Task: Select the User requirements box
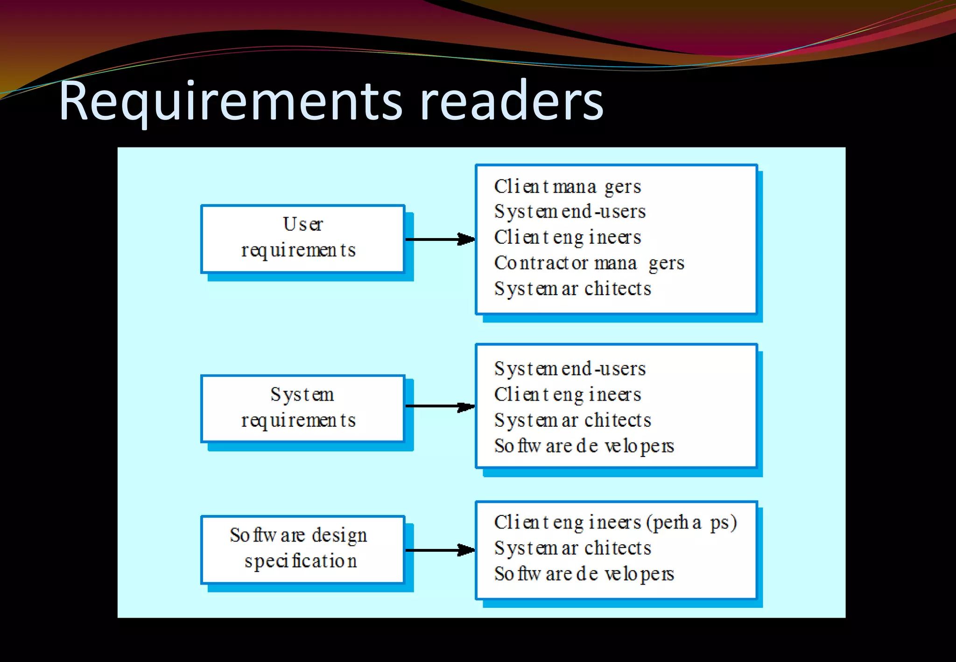pyautogui.click(x=302, y=239)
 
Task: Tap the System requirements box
pyautogui.click(x=302, y=408)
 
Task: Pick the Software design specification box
pyautogui.click(x=302, y=549)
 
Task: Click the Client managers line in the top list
pyautogui.click(x=568, y=187)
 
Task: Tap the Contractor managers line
pyautogui.click(x=589, y=263)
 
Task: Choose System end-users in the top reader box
pyautogui.click(x=570, y=212)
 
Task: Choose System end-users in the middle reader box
pyautogui.click(x=570, y=369)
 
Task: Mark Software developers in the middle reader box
pyautogui.click(x=584, y=446)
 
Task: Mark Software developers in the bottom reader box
pyautogui.click(x=584, y=574)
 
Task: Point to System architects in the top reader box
pyautogui.click(x=572, y=289)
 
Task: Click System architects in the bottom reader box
pyautogui.click(x=572, y=548)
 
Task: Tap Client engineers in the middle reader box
pyautogui.click(x=568, y=395)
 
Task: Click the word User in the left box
pyautogui.click(x=303, y=224)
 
